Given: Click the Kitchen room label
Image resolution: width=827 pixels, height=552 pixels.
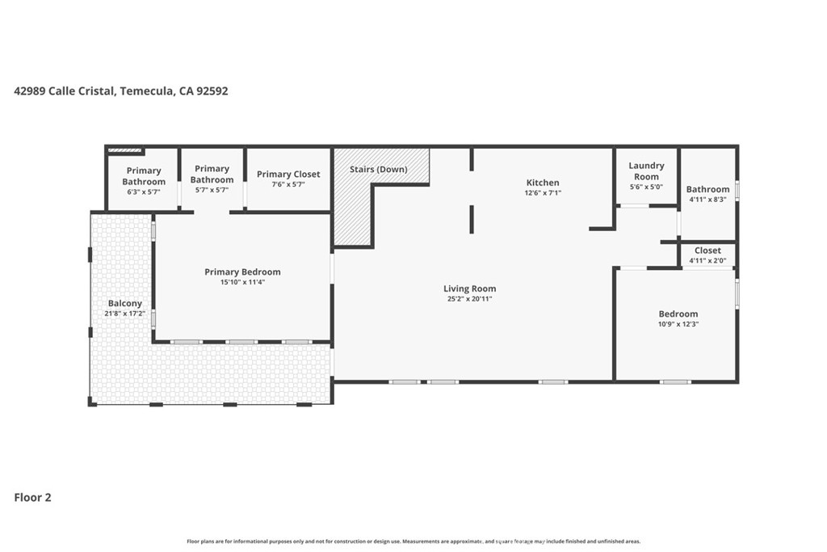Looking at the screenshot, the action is coord(543,183).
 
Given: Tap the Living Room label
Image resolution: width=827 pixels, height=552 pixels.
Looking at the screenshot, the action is coord(469,289).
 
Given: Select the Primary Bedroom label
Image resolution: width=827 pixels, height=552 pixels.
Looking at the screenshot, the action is coord(242,272).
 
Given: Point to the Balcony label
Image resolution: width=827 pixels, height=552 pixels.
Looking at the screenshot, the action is coord(125,303).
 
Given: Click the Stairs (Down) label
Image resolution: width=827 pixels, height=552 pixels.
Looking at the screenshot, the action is coord(379,170).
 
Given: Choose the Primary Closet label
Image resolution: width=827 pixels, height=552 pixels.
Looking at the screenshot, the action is coord(288,174).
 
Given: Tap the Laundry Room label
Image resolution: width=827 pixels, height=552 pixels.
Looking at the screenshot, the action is coord(646,171).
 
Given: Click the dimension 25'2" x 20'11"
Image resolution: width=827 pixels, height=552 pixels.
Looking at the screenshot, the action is coord(469,299).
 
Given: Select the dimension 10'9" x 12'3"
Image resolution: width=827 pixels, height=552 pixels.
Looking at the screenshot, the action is coord(678,324).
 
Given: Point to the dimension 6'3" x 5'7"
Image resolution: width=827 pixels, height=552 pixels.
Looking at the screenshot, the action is coord(144,192).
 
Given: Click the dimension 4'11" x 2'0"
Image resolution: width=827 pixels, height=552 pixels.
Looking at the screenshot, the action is coord(707,260).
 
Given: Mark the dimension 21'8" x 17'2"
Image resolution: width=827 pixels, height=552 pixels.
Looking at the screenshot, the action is coord(125,314).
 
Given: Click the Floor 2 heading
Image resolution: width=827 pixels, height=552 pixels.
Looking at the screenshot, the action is coord(32,497).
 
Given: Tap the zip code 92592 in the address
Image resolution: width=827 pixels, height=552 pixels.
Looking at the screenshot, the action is coord(212,91).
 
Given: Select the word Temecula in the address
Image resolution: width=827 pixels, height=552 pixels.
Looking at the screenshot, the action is coord(147,91).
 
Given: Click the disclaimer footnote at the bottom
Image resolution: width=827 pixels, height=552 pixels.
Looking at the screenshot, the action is coord(413,541).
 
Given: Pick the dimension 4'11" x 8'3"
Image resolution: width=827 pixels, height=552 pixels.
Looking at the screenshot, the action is coord(707,200).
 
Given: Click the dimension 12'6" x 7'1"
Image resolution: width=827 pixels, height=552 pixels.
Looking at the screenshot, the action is coord(543,192).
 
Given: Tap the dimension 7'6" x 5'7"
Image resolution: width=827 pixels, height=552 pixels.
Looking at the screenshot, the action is coord(288,184).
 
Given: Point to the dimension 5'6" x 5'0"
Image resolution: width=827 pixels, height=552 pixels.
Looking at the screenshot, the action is coord(646,187).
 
